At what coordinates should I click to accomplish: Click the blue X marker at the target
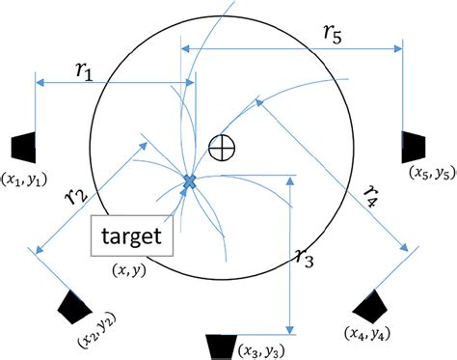190,181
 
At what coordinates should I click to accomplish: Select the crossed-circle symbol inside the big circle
222,148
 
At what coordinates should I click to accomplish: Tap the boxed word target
132,235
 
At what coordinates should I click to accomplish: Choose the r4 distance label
370,197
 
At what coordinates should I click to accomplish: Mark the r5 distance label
334,31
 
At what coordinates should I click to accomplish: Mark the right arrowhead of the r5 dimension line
396,47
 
